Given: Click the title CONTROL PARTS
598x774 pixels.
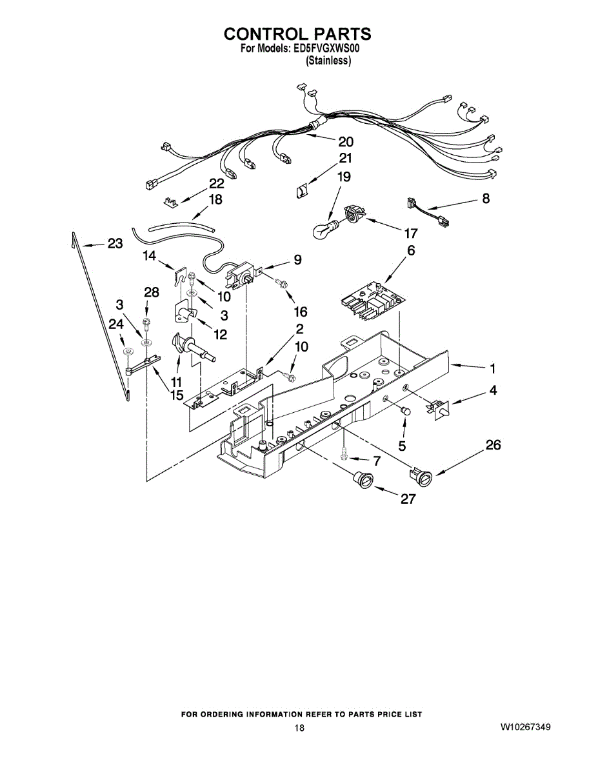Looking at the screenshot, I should pyautogui.click(x=297, y=34).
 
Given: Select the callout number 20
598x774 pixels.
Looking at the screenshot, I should pyautogui.click(x=346, y=142).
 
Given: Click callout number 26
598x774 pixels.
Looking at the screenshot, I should pyautogui.click(x=493, y=445).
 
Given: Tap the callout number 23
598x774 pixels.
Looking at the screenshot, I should pyautogui.click(x=115, y=244).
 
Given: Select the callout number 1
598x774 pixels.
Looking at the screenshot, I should pyautogui.click(x=492, y=370).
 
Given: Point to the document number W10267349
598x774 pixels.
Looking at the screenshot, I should pyautogui.click(x=524, y=728).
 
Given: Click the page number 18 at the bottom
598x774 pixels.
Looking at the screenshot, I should pyautogui.click(x=299, y=728).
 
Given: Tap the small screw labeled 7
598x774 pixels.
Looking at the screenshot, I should pyautogui.click(x=346, y=455).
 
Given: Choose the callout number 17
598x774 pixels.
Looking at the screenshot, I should pyautogui.click(x=410, y=233).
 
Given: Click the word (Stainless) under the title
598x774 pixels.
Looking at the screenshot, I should pyautogui.click(x=328, y=61).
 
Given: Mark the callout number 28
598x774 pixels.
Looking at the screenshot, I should pyautogui.click(x=151, y=292).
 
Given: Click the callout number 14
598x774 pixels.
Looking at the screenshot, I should pyautogui.click(x=150, y=256).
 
